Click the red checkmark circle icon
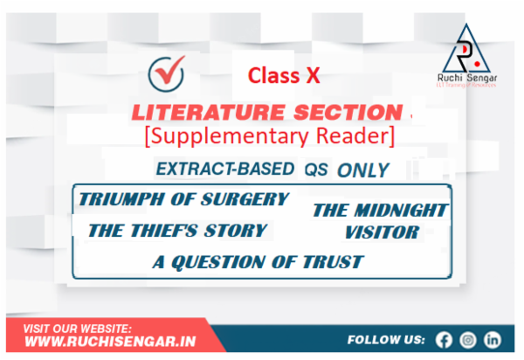point(163,71)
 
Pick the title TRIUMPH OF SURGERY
point(183,198)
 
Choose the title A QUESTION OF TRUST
point(257,261)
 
